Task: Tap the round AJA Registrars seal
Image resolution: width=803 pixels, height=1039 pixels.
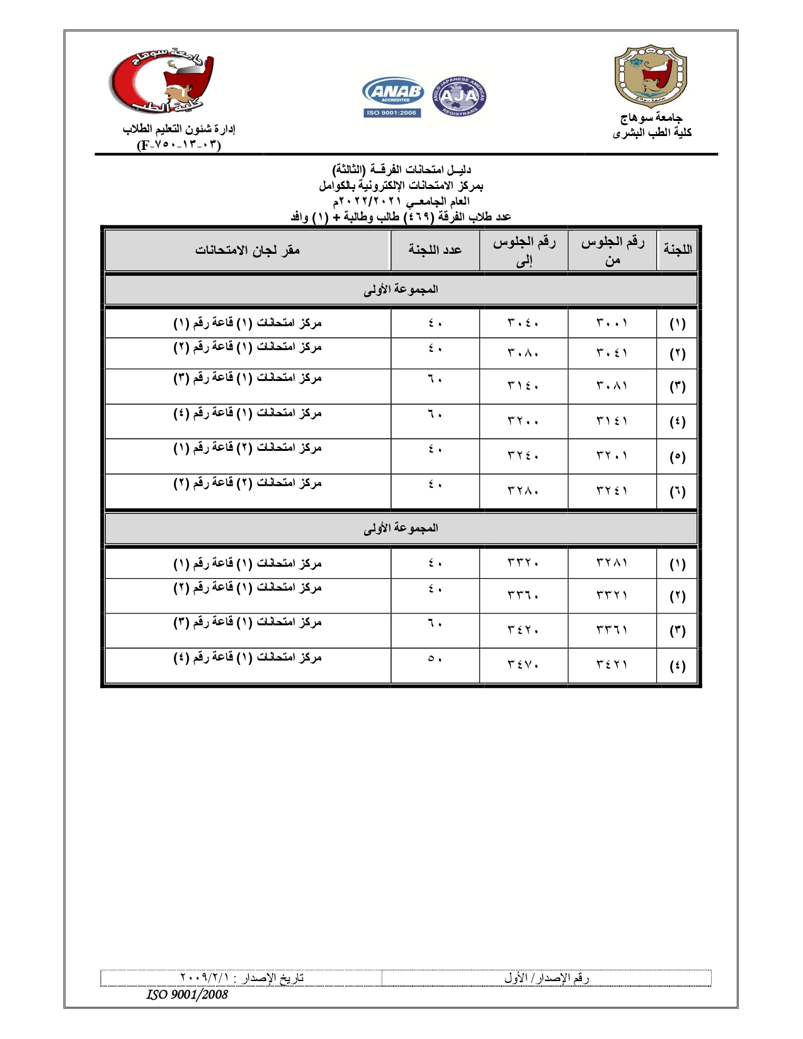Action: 460,96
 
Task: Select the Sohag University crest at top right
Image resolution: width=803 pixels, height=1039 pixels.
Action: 650,76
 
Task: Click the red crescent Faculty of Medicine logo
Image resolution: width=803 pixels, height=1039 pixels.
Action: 162,82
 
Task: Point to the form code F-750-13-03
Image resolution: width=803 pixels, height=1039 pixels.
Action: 179,145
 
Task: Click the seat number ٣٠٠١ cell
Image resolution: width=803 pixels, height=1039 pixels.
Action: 612,323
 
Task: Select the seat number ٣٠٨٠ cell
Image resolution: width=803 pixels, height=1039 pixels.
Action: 523,353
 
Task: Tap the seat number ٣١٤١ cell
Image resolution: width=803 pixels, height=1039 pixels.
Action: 612,421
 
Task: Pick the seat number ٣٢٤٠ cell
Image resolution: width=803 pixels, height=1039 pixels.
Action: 523,457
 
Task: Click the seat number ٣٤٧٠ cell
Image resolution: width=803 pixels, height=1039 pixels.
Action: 523,665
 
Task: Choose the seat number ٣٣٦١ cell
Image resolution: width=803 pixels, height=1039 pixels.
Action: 612,630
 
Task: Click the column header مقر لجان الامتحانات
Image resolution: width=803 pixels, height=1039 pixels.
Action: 248,250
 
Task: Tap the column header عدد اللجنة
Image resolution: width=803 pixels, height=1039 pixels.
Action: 435,250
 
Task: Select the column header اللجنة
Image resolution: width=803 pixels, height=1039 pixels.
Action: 677,250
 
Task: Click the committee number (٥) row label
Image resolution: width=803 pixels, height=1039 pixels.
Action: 677,457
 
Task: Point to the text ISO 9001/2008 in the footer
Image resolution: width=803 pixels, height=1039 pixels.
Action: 187,994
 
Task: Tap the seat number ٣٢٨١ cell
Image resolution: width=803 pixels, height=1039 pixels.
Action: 612,563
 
